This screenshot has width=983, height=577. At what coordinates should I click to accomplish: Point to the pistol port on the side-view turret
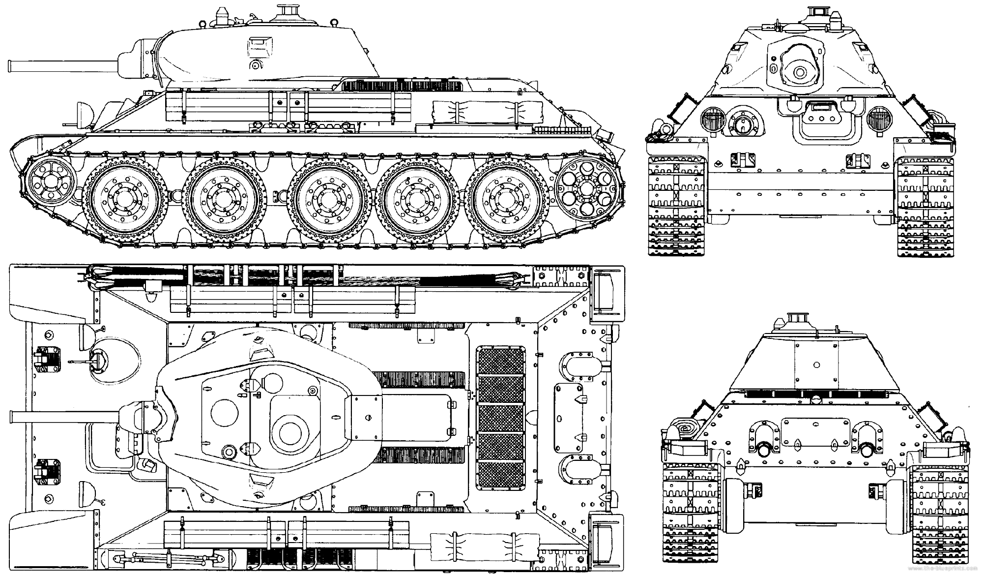click(255, 64)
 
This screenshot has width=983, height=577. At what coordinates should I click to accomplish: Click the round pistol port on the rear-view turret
click(816, 365)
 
